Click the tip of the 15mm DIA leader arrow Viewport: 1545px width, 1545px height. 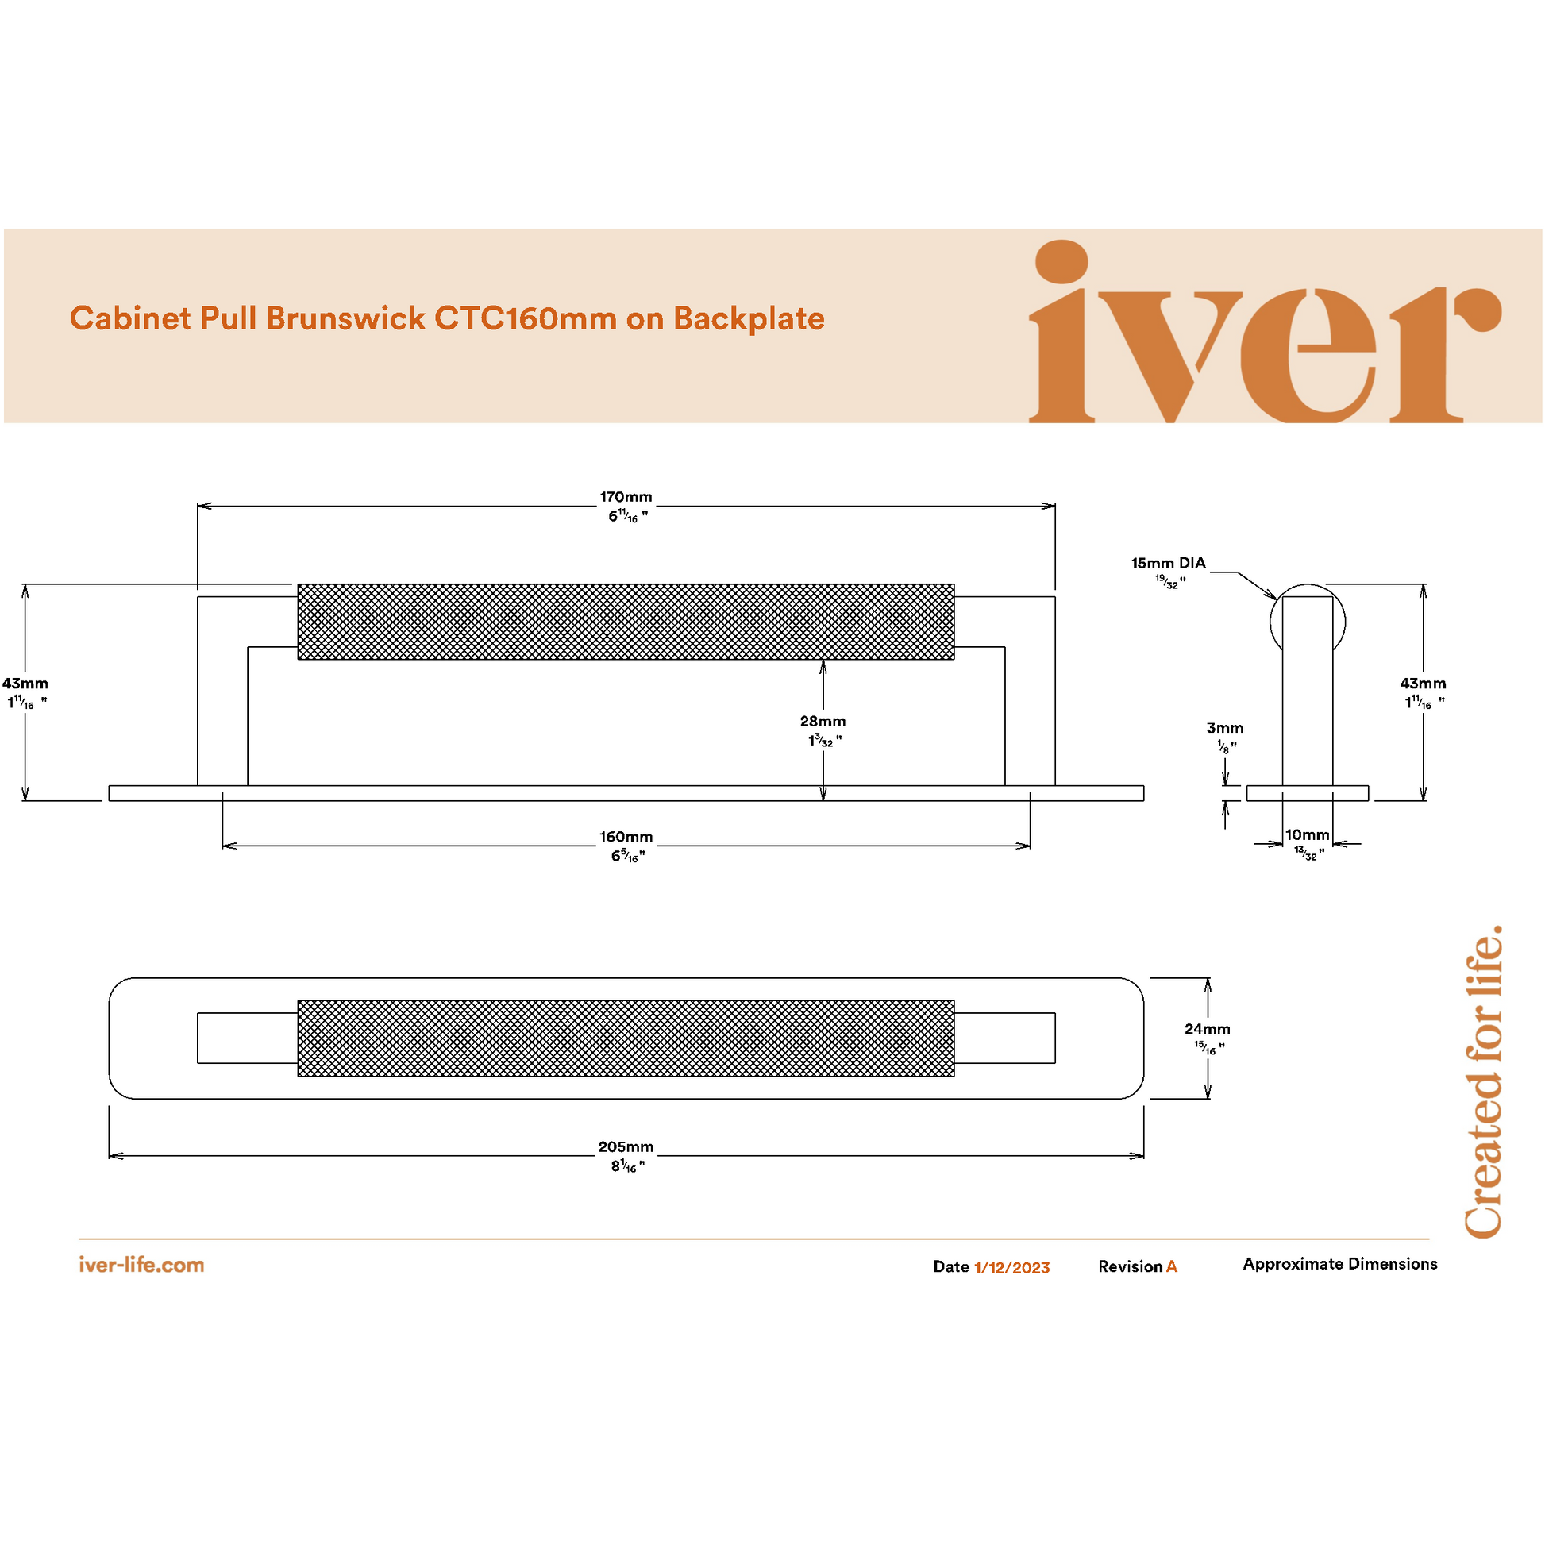point(1277,599)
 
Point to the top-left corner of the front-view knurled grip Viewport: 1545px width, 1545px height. point(299,584)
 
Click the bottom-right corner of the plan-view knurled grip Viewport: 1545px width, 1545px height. point(954,1077)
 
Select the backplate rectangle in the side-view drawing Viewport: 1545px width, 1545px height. point(1308,793)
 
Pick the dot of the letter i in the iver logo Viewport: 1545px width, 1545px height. point(1061,261)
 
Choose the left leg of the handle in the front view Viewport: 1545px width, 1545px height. point(222,691)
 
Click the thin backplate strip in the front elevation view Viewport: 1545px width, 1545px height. point(626,793)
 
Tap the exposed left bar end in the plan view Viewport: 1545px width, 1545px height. point(248,1038)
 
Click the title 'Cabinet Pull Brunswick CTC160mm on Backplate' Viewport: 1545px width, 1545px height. point(447,318)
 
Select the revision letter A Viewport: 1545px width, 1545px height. point(1172,1266)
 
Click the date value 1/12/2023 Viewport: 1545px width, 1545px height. point(1011,1267)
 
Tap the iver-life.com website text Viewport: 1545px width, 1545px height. point(141,1265)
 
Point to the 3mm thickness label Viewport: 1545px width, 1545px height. point(1225,728)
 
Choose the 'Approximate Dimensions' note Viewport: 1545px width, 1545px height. point(1339,1264)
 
